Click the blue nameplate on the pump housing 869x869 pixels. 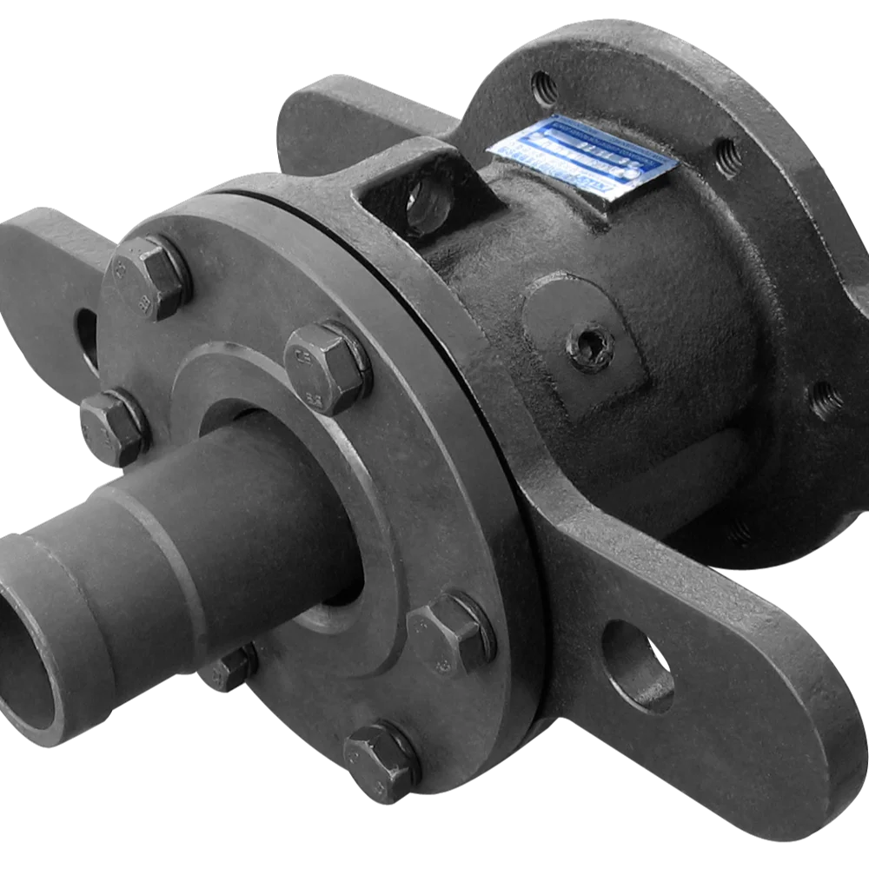[x=583, y=156]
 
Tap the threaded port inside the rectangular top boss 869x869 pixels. [x=427, y=203]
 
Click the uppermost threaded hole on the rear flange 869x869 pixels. [x=545, y=87]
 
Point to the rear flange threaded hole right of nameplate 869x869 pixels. [x=728, y=156]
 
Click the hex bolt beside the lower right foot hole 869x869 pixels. [x=451, y=634]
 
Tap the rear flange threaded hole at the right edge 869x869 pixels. [x=824, y=400]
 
